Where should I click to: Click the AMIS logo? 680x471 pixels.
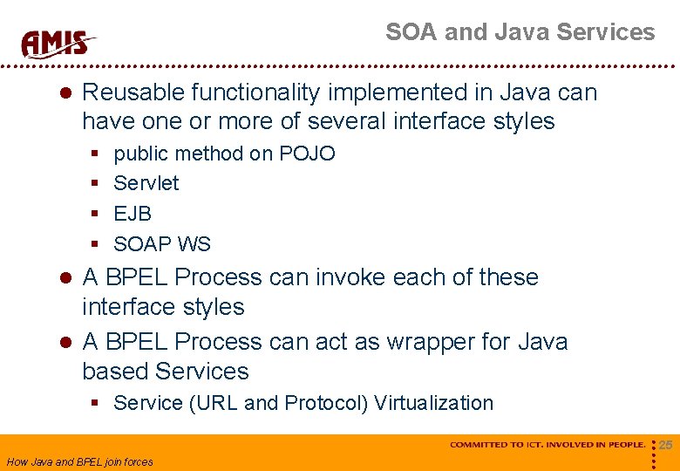[58, 42]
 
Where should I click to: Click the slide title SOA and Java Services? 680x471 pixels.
[520, 32]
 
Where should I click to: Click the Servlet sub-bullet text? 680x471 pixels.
[146, 183]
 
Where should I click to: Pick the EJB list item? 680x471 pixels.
[133, 214]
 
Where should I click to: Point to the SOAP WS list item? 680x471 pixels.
[162, 244]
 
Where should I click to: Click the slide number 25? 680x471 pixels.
[665, 446]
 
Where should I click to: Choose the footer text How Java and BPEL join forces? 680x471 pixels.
[79, 462]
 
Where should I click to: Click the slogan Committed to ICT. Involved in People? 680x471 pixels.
[547, 445]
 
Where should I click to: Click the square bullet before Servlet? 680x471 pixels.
[95, 184]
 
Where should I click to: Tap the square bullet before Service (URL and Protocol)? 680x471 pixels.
[95, 404]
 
